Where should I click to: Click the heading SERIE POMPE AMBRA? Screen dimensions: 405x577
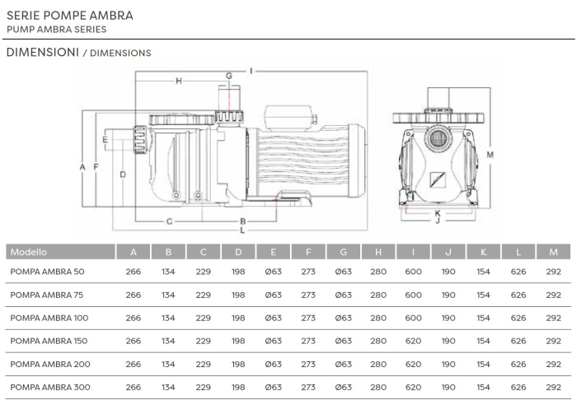pos(69,16)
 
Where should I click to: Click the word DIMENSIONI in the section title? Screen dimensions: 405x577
pos(41,53)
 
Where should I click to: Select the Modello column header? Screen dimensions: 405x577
pos(29,252)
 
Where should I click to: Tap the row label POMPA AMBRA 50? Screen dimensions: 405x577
pos(47,272)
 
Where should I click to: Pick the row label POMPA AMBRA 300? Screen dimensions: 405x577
pos(49,387)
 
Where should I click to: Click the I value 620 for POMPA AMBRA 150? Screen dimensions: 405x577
pos(413,341)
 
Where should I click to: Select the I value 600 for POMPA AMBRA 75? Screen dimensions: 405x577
pos(413,295)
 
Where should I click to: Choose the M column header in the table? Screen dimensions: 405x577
pos(553,252)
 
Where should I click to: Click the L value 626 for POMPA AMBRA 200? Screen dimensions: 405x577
pos(518,364)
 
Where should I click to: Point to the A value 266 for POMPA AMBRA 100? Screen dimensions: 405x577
pos(133,318)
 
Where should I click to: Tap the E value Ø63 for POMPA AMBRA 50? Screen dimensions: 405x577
pos(274,272)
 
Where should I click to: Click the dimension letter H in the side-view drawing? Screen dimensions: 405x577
pos(178,81)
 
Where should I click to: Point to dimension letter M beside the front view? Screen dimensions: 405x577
pos(490,154)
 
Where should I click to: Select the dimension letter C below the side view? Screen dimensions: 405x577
pos(169,221)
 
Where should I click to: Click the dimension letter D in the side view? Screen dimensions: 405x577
pos(122,174)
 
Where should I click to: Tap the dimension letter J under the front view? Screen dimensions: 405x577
pos(437,221)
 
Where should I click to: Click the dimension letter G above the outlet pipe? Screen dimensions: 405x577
pos(229,77)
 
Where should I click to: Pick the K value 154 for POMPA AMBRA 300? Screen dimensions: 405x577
pos(483,387)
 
